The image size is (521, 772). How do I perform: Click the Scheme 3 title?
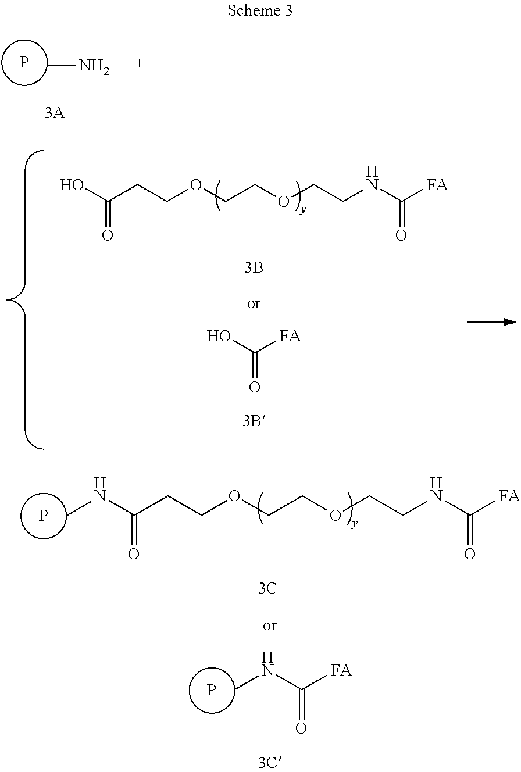click(260, 10)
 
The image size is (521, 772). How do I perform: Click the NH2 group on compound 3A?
click(94, 66)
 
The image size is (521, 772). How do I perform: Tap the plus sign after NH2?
click(139, 63)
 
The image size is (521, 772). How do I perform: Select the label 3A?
click(55, 113)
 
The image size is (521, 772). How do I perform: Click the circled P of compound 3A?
click(24, 63)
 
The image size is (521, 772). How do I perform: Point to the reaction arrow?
click(491, 322)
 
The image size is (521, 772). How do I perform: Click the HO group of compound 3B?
click(72, 185)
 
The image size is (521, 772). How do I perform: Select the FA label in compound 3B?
click(437, 185)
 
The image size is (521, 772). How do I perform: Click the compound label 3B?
click(254, 267)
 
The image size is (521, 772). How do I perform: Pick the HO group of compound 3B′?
click(219, 335)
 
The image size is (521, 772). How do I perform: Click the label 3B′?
click(254, 421)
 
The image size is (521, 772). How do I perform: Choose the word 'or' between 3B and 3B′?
click(254, 303)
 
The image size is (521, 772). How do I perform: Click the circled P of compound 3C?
click(44, 516)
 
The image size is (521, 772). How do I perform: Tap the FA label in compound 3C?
click(509, 496)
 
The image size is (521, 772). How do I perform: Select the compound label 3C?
click(267, 588)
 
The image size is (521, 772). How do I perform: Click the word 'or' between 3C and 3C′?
click(269, 625)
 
